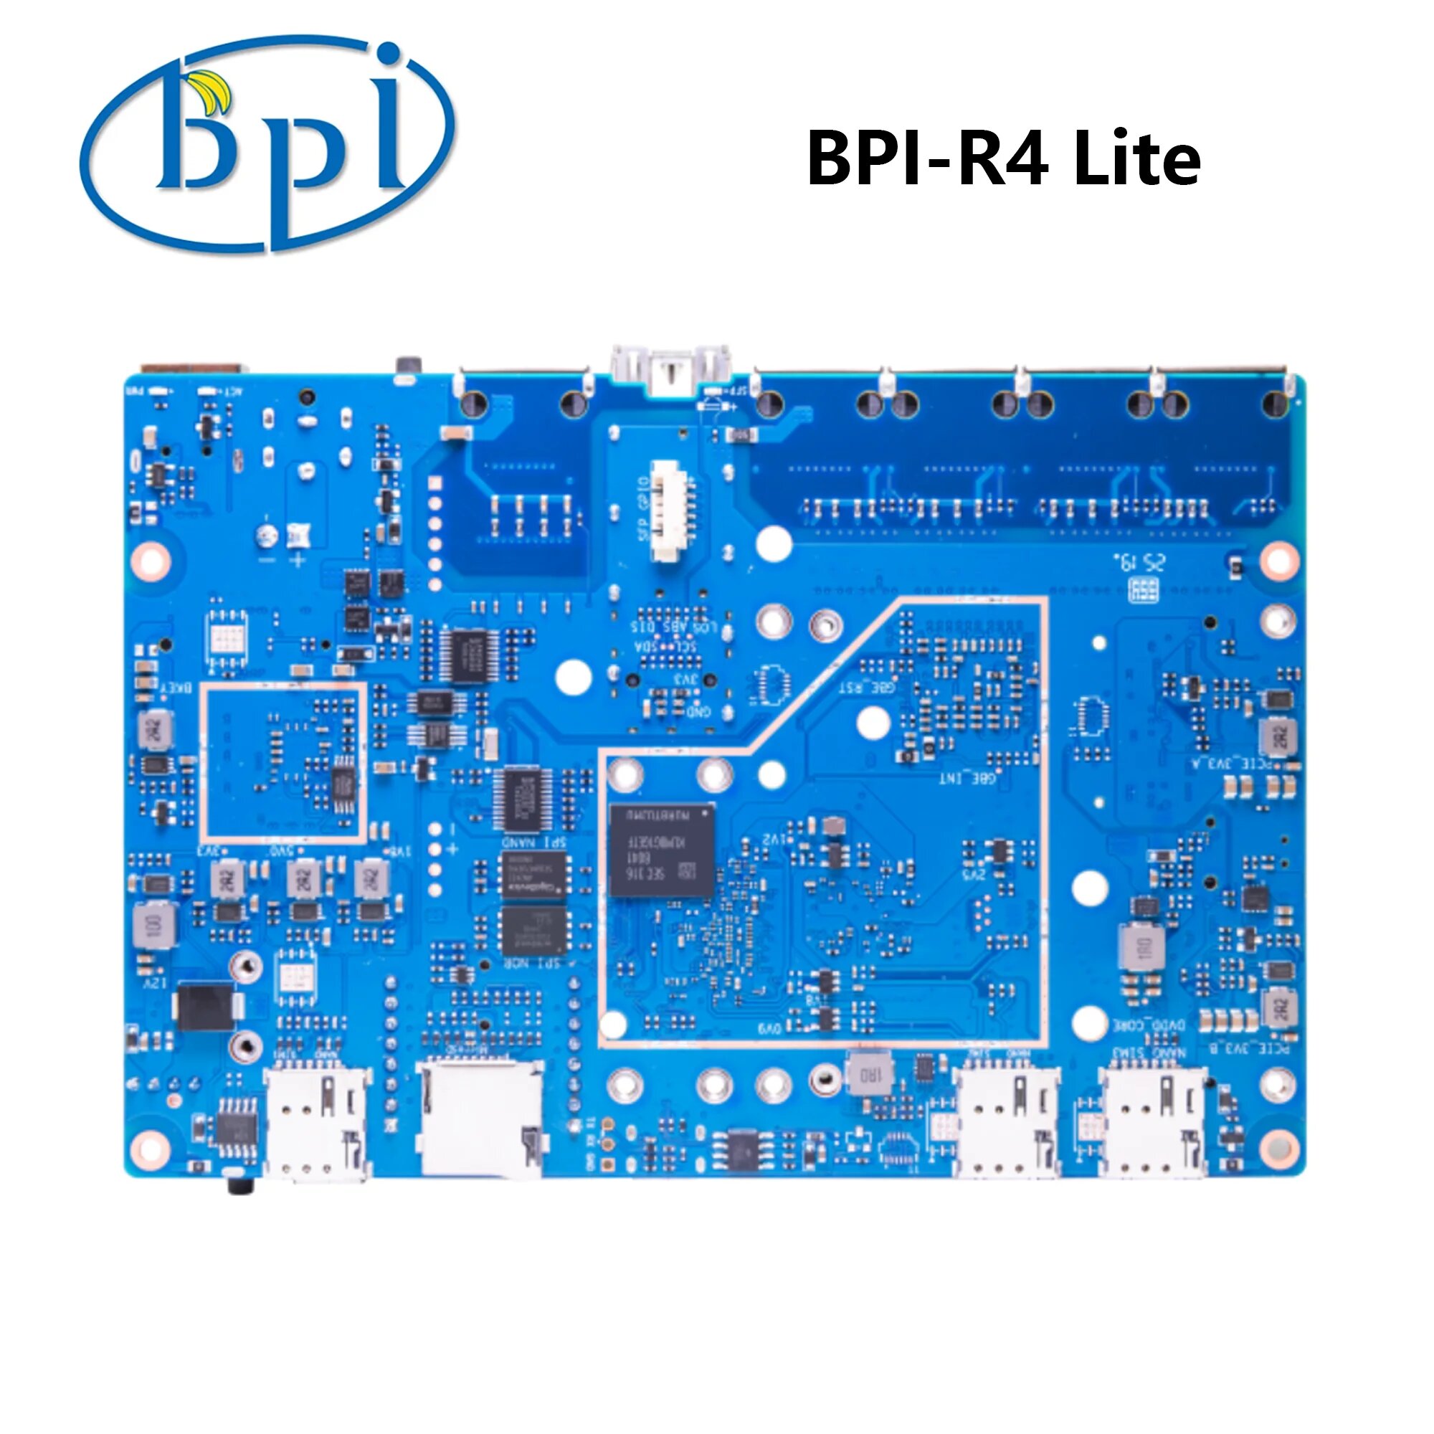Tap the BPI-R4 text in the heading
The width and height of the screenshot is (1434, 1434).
[927, 159]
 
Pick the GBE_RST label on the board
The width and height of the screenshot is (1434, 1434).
[865, 688]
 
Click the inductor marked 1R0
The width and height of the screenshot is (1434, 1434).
[866, 1074]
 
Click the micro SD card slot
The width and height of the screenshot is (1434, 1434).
[480, 1119]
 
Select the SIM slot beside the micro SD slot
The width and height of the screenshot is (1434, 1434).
[317, 1123]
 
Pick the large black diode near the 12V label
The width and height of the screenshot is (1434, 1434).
[207, 1007]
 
